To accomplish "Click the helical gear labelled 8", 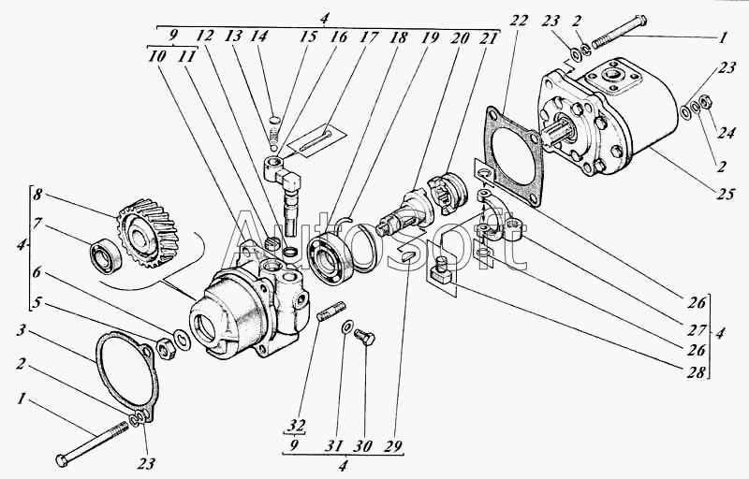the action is click(x=147, y=233).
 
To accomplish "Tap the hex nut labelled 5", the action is click(x=166, y=349).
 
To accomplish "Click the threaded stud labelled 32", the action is click(x=331, y=311).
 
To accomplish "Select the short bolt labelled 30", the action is click(x=365, y=338).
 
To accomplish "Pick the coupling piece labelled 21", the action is click(x=446, y=191).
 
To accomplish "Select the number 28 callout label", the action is click(x=697, y=371).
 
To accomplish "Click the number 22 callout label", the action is click(x=520, y=20).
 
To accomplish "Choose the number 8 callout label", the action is click(x=37, y=195).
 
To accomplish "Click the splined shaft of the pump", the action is click(x=560, y=132).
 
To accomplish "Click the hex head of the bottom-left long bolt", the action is click(x=62, y=460).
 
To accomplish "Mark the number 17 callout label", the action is click(x=368, y=37).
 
